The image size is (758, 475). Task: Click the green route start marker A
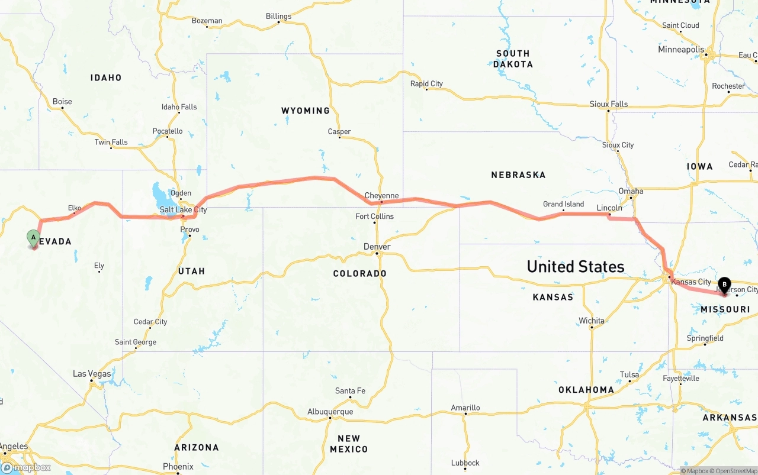click(x=34, y=238)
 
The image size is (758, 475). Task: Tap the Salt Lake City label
click(x=183, y=210)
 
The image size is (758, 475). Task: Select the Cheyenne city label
click(x=381, y=196)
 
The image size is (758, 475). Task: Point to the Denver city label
click(x=377, y=247)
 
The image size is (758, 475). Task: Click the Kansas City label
click(x=691, y=282)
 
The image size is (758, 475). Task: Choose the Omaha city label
click(x=631, y=191)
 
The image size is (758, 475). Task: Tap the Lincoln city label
click(x=609, y=208)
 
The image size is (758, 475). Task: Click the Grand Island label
click(x=563, y=204)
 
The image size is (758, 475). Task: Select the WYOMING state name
click(x=306, y=111)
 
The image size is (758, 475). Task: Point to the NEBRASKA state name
click(x=518, y=175)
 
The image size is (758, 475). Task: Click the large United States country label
click(x=576, y=267)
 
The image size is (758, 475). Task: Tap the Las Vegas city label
click(x=92, y=374)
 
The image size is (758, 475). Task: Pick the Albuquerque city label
click(x=330, y=412)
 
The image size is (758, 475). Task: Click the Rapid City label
click(x=426, y=84)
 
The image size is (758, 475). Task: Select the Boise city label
click(x=62, y=102)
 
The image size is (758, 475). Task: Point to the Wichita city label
click(x=592, y=321)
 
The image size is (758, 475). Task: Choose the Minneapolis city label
click(x=681, y=50)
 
